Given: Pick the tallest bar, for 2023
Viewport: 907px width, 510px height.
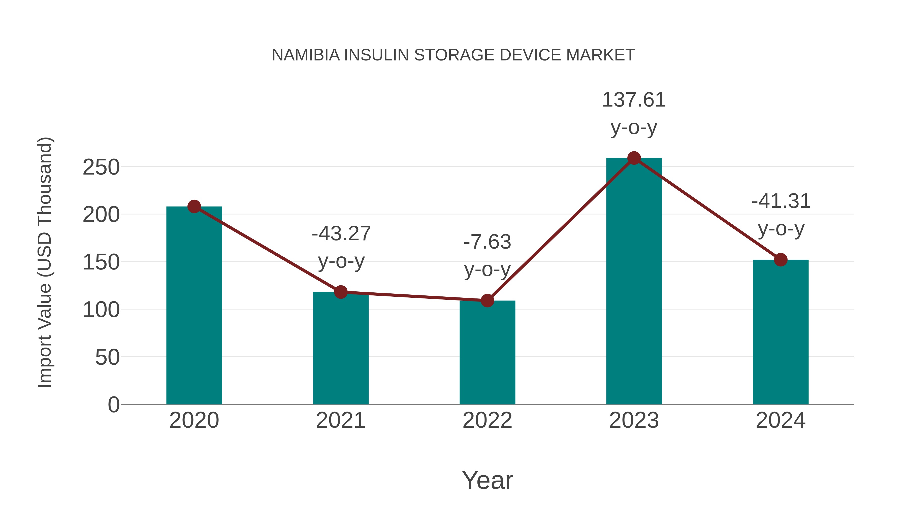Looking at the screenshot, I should coord(634,282).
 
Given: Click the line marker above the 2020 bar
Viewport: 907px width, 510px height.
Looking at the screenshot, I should coord(194,207).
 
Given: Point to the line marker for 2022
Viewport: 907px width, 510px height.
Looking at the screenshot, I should coord(487,300).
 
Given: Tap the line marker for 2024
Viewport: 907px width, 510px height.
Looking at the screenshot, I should coord(781,260).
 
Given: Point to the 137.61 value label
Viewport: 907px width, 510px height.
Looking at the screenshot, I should coord(634,100).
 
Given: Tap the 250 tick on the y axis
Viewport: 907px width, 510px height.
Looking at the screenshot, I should coord(101,167).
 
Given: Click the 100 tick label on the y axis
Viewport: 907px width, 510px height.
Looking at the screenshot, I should coord(101,310).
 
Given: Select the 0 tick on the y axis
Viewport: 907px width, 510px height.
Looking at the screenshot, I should coord(113,405).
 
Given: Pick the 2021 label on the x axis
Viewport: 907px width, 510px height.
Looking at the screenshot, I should coord(340,421).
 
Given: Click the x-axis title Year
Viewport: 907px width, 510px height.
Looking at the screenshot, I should coord(487,481).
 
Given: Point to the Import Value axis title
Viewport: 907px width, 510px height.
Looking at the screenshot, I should coord(45,262).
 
